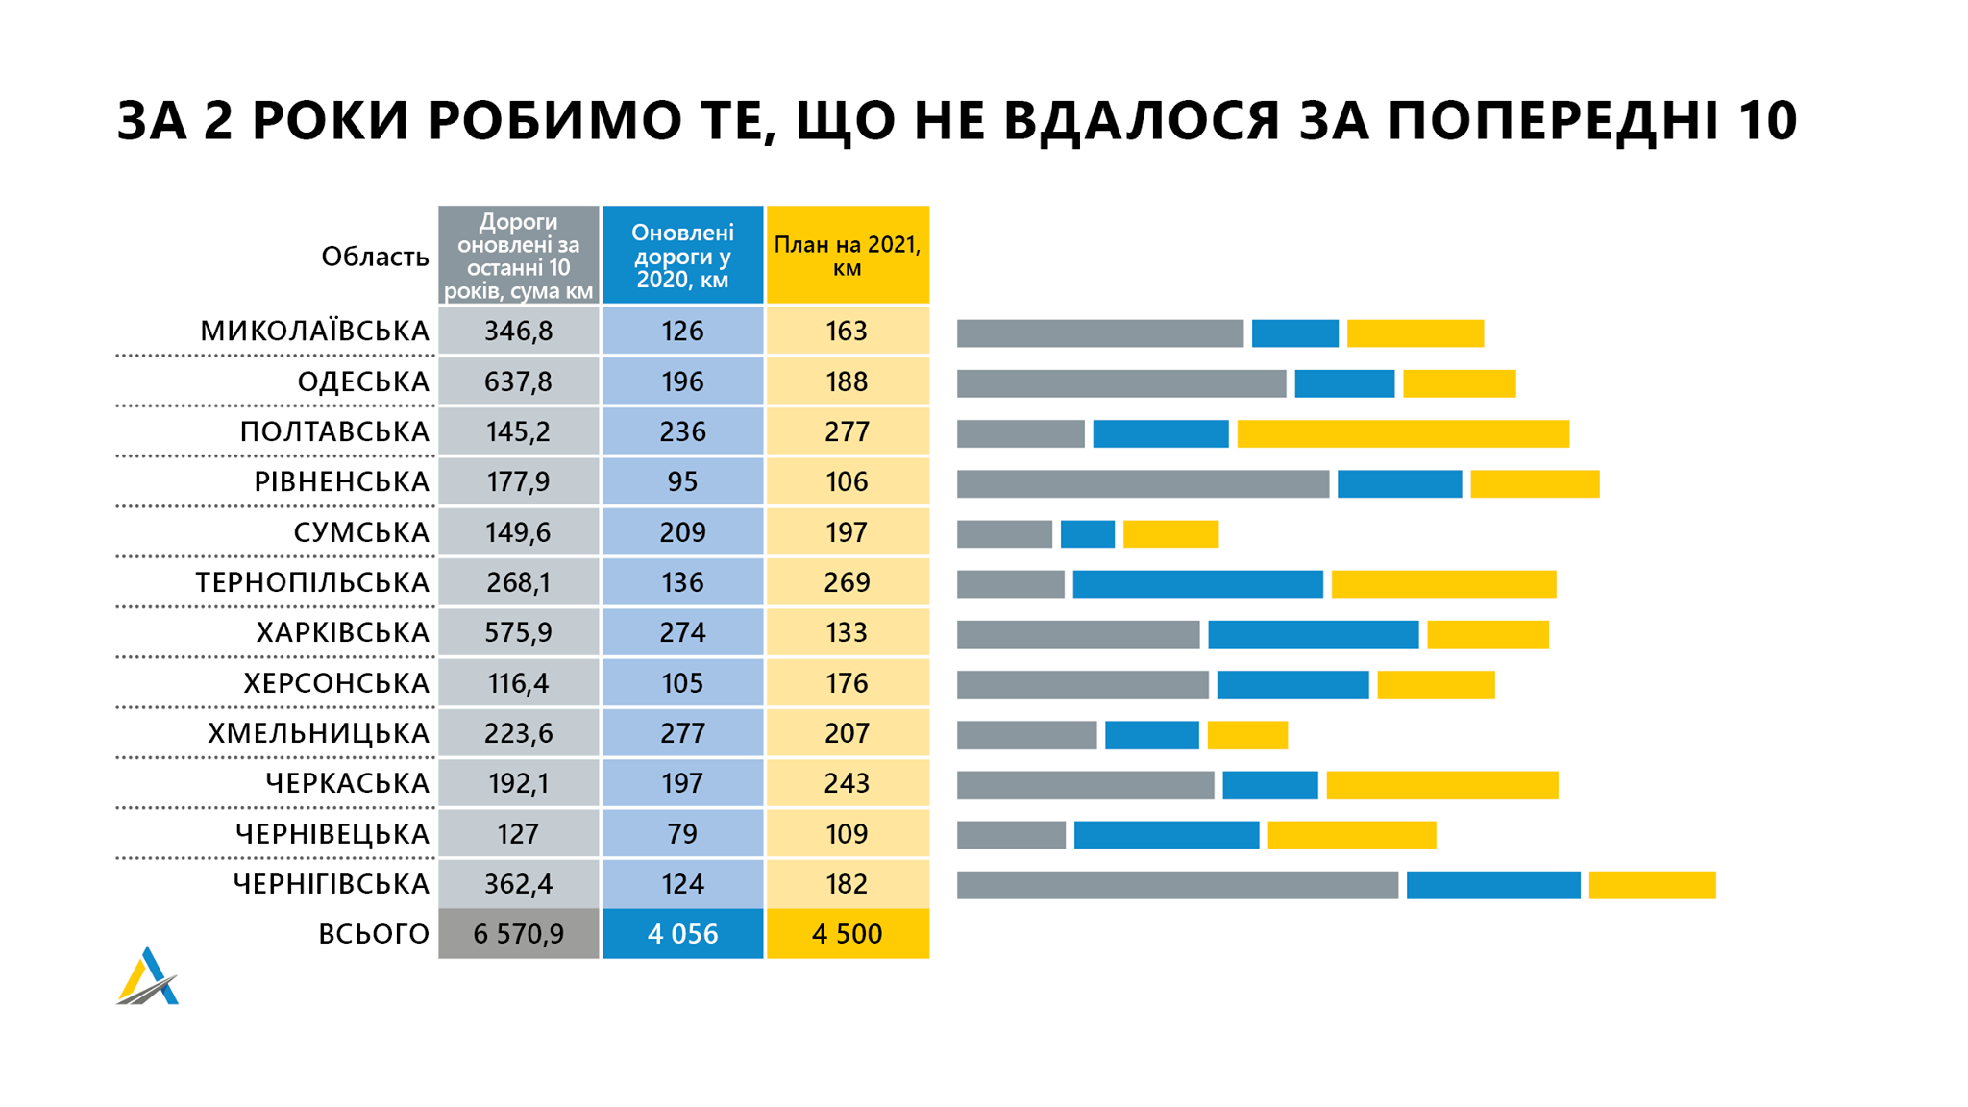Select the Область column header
tap(375, 257)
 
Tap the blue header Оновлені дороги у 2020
tap(682, 256)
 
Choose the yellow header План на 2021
tap(847, 256)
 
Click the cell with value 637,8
tap(518, 381)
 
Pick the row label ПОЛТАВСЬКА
tap(334, 431)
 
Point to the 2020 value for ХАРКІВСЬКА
tap(682, 632)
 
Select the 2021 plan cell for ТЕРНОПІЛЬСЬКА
tap(847, 582)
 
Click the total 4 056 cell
tap(682, 933)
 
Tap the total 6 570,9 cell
tap(518, 933)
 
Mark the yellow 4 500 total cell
tap(847, 933)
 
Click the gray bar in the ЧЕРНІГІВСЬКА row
tap(1177, 885)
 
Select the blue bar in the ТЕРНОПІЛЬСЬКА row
tap(1197, 583)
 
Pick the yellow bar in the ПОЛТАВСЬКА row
tap(1403, 433)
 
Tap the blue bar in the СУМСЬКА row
tap(1087, 533)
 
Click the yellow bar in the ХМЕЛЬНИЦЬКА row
tap(1247, 734)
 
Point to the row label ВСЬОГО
tap(374, 933)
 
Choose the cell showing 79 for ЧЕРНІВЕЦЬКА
tap(682, 833)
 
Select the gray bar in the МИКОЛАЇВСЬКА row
tap(1100, 333)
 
